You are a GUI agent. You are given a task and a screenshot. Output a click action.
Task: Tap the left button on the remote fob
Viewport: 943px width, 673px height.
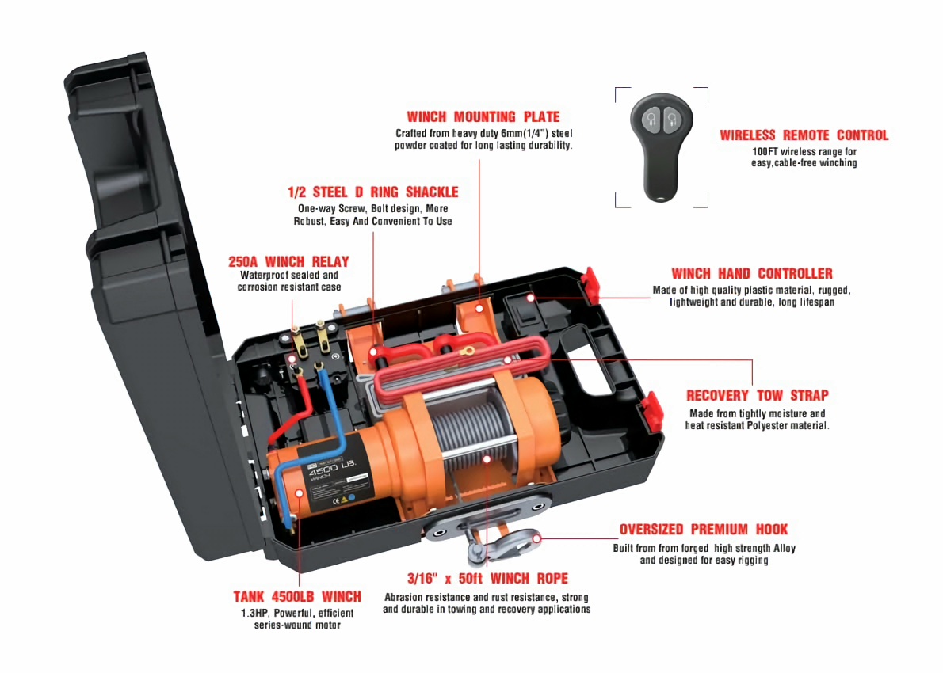click(651, 120)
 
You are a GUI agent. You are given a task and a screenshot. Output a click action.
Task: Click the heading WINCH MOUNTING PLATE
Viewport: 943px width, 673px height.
click(483, 116)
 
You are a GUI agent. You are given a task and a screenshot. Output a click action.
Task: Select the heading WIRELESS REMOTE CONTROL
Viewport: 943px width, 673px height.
click(804, 135)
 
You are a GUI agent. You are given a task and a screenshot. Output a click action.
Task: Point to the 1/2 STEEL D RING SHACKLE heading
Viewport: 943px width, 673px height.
click(372, 192)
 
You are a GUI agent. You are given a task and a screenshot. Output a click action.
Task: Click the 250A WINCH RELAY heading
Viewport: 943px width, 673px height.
click(288, 261)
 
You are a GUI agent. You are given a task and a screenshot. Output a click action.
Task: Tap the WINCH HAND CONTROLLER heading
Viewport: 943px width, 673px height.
click(751, 274)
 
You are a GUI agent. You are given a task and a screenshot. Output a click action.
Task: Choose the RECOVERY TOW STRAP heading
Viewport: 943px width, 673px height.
click(757, 395)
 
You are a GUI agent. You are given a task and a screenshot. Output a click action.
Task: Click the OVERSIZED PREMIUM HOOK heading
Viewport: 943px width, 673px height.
click(704, 530)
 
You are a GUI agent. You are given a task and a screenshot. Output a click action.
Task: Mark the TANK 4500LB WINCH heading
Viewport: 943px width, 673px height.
click(297, 597)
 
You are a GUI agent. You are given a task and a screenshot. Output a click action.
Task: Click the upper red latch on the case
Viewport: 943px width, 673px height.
click(591, 279)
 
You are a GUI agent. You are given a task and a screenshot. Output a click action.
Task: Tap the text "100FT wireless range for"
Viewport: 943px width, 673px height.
click(804, 151)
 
